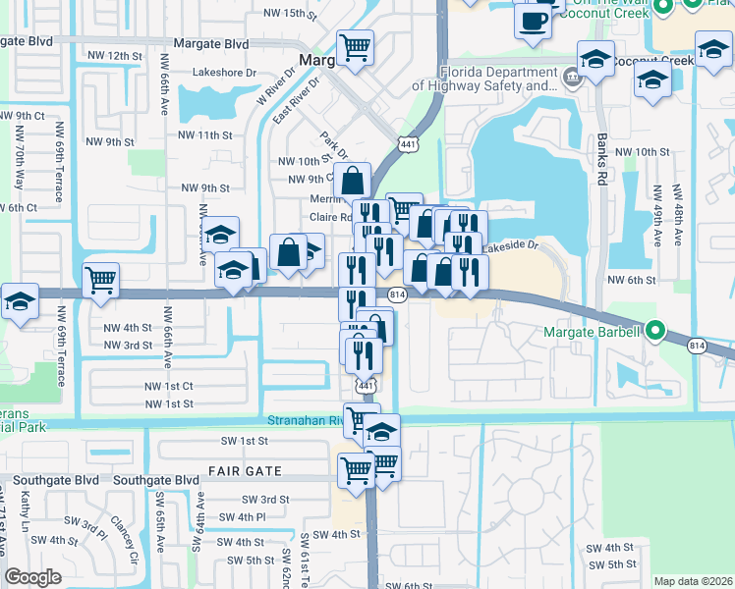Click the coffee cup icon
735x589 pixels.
click(x=533, y=21)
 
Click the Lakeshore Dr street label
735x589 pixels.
click(x=224, y=73)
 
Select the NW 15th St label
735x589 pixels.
click(x=292, y=14)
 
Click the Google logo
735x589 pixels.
click(x=33, y=577)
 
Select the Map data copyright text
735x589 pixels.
click(x=692, y=581)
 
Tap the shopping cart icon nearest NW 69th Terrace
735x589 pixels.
click(x=100, y=281)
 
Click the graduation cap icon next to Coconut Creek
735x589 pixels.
click(x=595, y=59)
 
